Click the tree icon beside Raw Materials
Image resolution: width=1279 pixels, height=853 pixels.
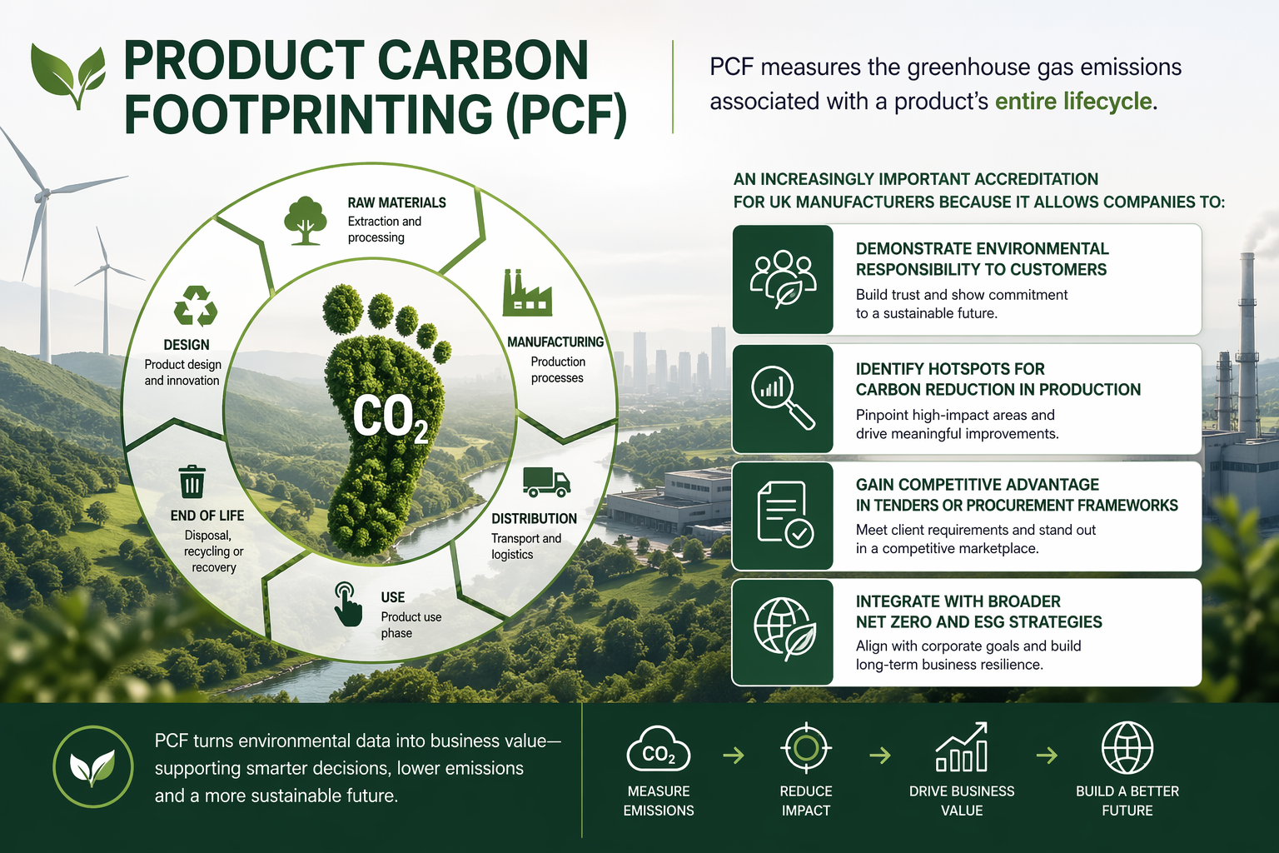[305, 221]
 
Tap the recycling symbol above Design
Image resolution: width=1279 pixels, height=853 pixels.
[196, 306]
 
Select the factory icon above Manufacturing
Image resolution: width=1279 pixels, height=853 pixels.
[526, 293]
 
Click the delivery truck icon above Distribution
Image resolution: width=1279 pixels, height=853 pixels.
[546, 481]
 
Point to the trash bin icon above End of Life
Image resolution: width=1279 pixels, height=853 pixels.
[192, 481]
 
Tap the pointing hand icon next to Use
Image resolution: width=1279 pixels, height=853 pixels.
[347, 605]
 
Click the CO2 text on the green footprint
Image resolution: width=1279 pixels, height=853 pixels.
[390, 417]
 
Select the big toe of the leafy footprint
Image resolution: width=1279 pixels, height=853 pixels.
[342, 307]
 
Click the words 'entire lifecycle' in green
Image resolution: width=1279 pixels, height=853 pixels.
[1073, 102]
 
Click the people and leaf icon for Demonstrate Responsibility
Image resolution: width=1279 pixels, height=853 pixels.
[783, 278]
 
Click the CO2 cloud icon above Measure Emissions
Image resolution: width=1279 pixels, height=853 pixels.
[658, 750]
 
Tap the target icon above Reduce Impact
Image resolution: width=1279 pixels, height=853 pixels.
[805, 748]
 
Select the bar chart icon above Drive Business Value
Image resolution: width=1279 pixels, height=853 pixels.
[962, 747]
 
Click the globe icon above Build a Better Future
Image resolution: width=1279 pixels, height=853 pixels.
[1127, 748]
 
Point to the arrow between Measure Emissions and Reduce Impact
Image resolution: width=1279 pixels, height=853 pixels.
[733, 756]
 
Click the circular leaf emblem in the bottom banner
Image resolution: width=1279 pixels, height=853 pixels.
[92, 766]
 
